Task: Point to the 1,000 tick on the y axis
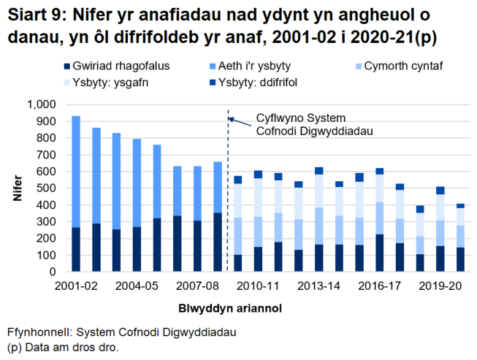click(41, 104)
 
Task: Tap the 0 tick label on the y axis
click(53, 272)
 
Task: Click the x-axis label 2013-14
click(318, 287)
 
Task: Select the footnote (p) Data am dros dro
click(62, 348)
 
